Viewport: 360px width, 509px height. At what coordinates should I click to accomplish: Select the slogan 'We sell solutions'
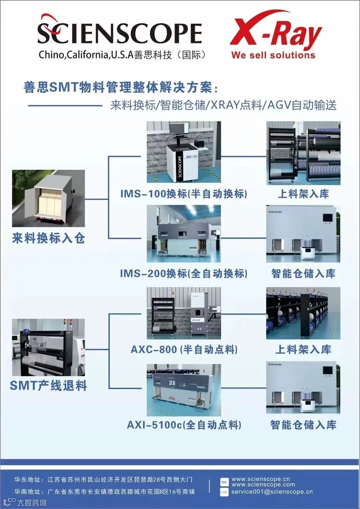click(x=273, y=55)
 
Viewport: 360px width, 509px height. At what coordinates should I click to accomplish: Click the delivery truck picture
click(x=48, y=198)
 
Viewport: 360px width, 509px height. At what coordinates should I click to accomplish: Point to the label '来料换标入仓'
click(x=48, y=238)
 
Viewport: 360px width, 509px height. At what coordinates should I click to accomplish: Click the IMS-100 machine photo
click(x=184, y=152)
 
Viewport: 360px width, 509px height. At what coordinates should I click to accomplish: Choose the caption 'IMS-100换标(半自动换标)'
click(x=184, y=194)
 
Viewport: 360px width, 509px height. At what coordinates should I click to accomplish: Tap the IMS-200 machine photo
click(x=184, y=234)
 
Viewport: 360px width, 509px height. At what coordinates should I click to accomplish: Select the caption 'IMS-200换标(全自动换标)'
click(x=184, y=274)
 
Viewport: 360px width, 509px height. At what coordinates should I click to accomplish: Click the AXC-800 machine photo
click(x=184, y=313)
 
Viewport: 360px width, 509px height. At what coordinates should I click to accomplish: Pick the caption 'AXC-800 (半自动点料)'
click(x=184, y=349)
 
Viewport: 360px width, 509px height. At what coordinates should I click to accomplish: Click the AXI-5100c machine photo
click(x=184, y=390)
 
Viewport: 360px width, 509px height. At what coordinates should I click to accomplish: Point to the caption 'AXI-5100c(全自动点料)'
click(x=184, y=425)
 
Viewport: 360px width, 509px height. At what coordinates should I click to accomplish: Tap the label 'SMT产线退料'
click(x=48, y=385)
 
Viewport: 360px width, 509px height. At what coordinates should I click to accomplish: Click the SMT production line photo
click(x=48, y=347)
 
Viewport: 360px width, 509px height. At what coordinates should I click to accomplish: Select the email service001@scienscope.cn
click(x=272, y=492)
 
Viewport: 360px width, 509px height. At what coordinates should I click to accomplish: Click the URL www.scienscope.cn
click(x=261, y=479)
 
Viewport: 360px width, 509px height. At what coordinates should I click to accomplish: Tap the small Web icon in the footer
click(x=224, y=482)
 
